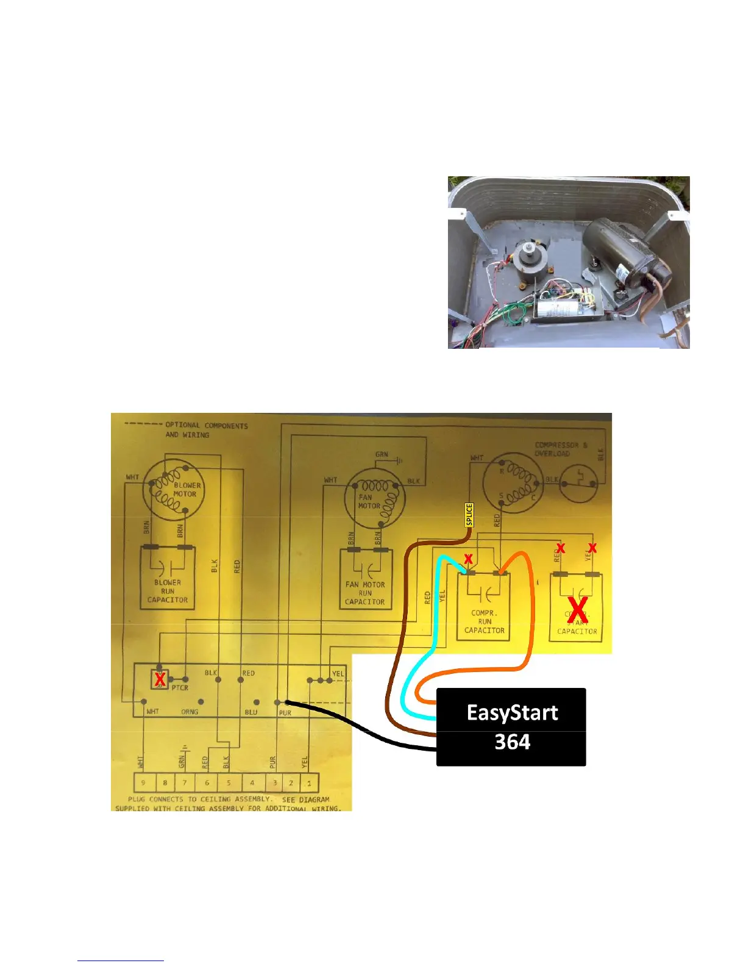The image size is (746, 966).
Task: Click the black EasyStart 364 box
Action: (511, 727)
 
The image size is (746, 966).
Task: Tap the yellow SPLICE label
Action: (469, 515)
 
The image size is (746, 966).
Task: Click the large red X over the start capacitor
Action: (577, 610)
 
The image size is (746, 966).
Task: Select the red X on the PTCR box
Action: (160, 679)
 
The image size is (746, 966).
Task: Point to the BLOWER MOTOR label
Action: (186, 490)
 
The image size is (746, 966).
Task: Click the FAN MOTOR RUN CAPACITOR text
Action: (365, 593)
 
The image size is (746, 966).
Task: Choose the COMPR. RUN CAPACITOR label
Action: (485, 621)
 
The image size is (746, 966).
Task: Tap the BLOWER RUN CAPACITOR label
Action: (168, 591)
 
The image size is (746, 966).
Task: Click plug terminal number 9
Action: (143, 782)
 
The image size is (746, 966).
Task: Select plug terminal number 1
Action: (309, 782)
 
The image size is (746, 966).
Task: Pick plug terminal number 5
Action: (229, 782)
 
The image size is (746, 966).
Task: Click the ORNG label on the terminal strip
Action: (190, 712)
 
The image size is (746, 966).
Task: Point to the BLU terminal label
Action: (251, 712)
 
